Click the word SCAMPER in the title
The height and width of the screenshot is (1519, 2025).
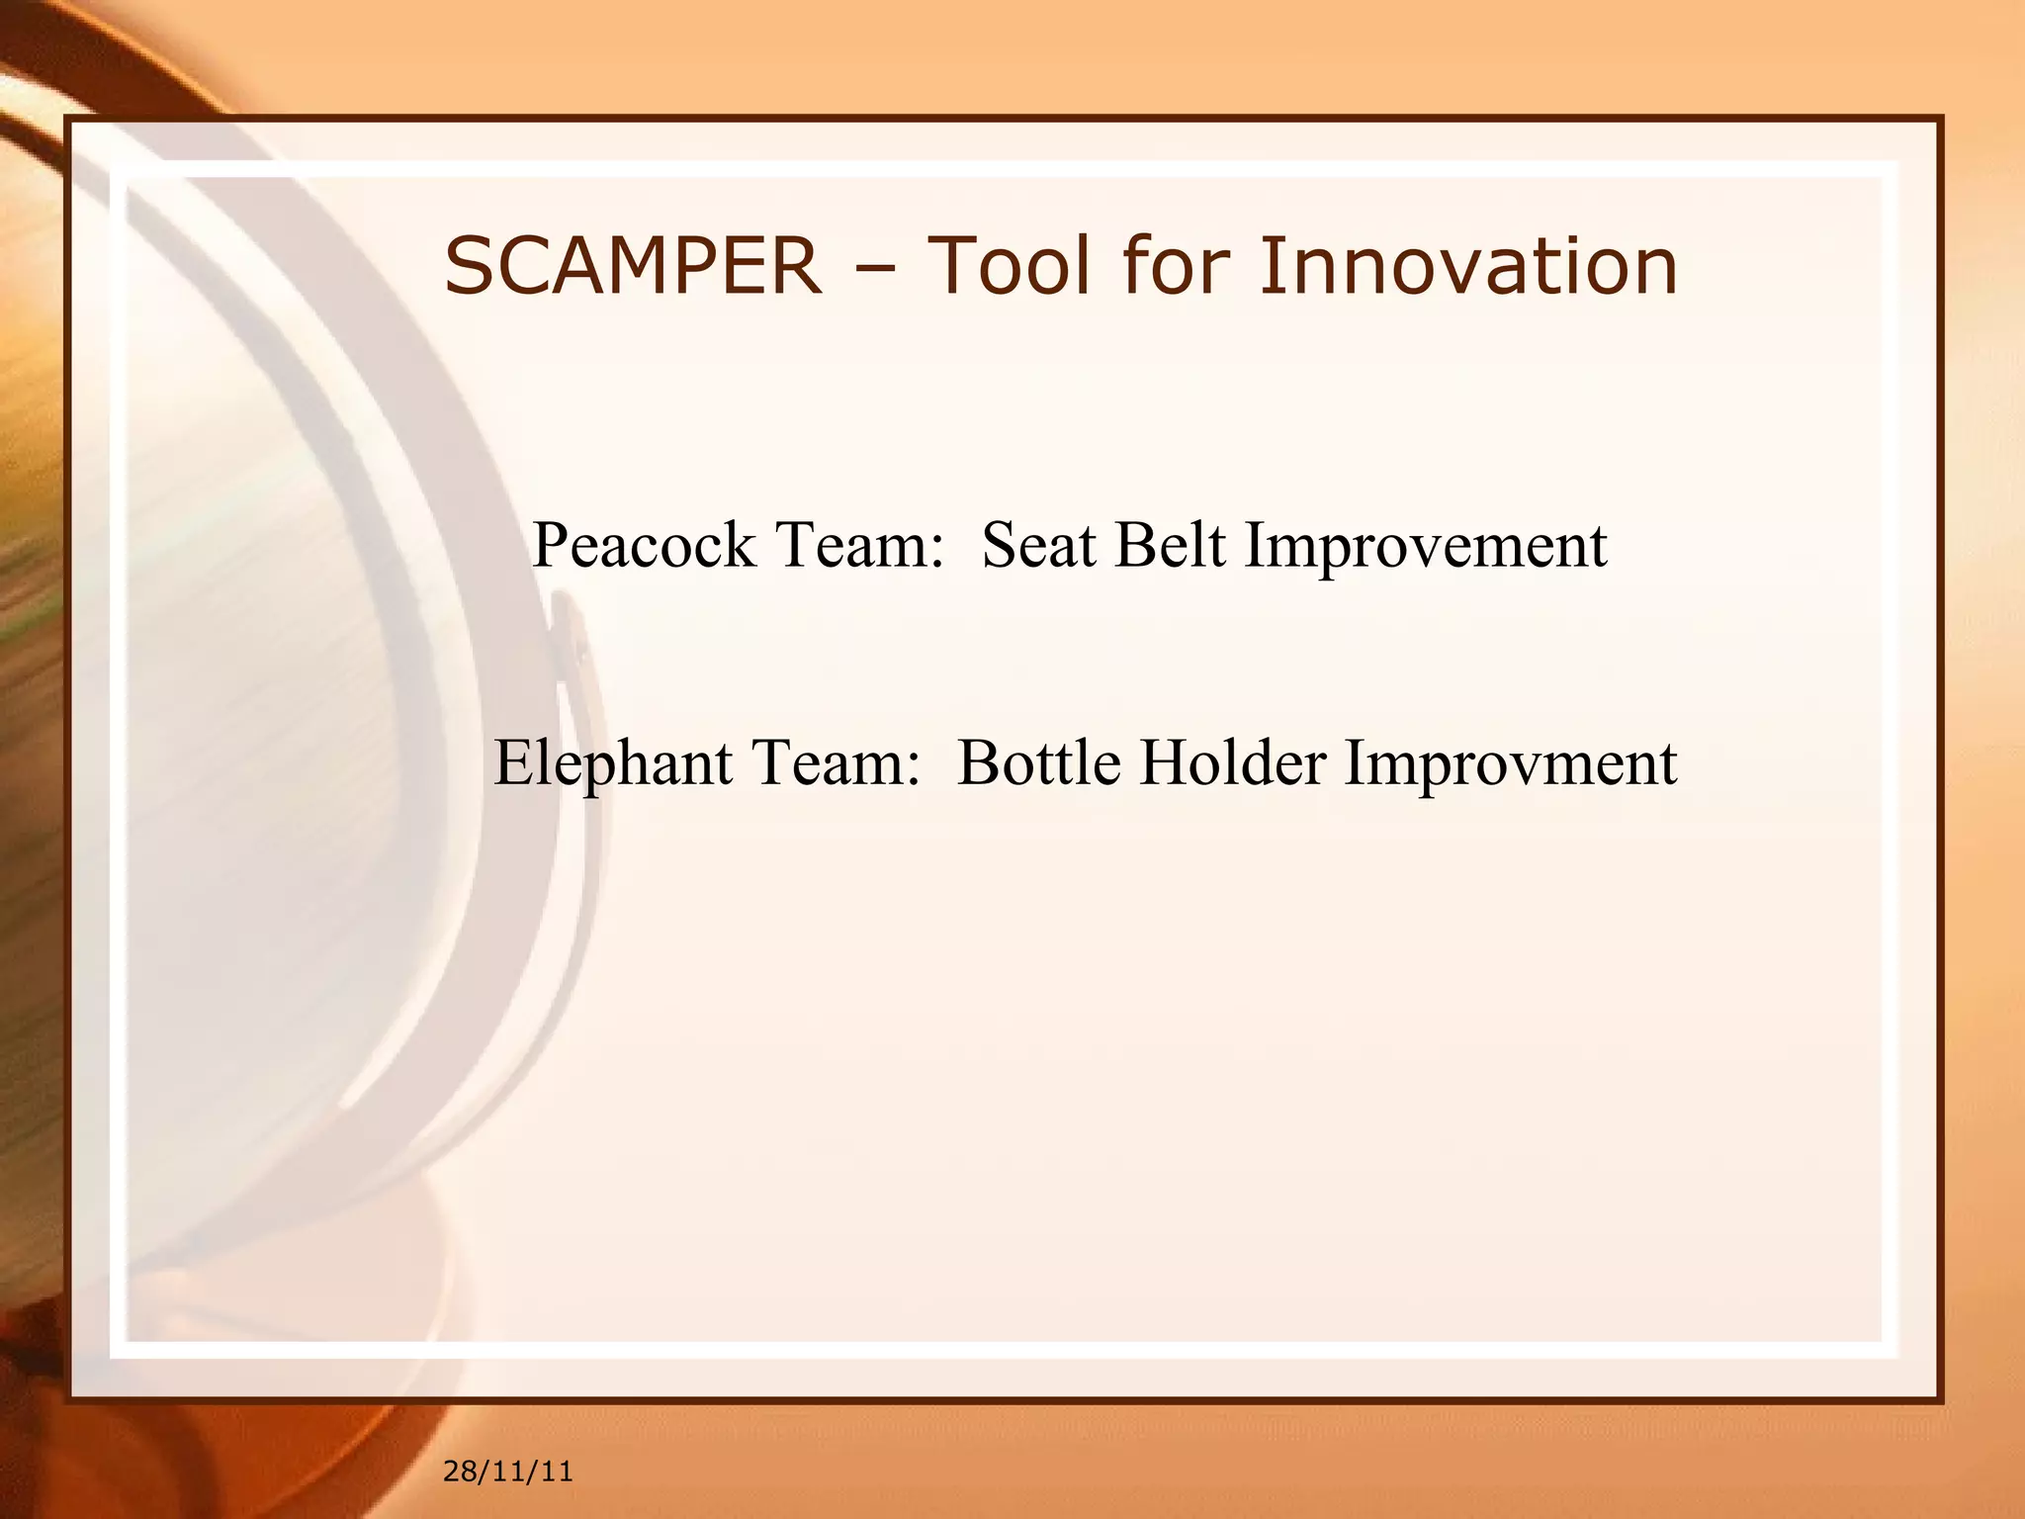(x=633, y=266)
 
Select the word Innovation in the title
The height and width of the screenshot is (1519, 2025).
(x=1468, y=266)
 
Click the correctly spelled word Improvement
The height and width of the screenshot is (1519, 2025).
(x=1425, y=547)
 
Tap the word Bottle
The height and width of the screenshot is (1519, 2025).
(x=1039, y=764)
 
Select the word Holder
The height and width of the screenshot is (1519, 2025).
(x=1232, y=764)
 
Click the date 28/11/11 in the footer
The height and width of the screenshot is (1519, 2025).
(x=507, y=1472)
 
